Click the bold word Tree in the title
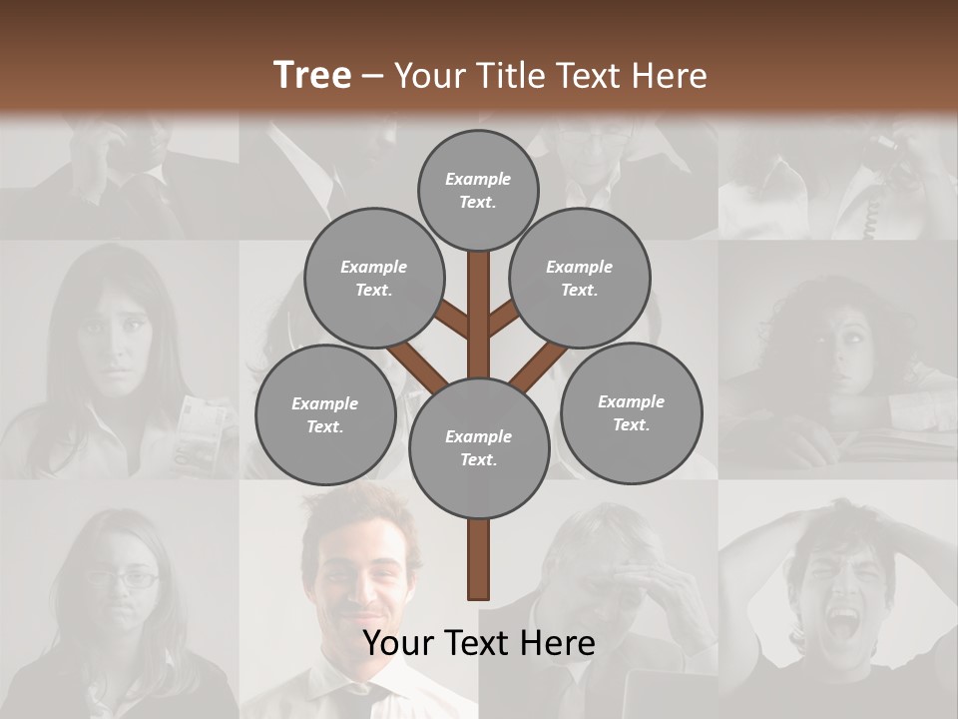(312, 75)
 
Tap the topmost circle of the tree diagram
(478, 190)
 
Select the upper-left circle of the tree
(373, 278)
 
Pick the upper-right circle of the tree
(580, 278)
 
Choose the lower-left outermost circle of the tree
(325, 414)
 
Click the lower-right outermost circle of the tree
(631, 412)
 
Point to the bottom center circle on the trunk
(478, 447)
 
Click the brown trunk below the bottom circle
(478, 559)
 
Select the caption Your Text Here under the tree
(478, 643)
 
